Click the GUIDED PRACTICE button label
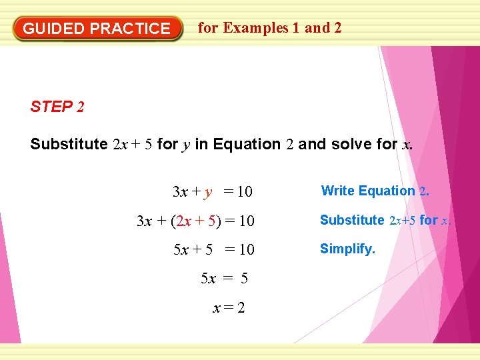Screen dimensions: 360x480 coord(97,29)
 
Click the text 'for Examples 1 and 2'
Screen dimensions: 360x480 coord(270,28)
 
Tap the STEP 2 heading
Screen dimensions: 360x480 coord(57,107)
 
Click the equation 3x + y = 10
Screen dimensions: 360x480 coord(212,192)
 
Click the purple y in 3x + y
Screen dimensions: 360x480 coord(209,193)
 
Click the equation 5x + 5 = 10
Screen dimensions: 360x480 coord(213,250)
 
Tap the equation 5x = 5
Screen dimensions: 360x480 coord(224,279)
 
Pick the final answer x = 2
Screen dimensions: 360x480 coord(229,308)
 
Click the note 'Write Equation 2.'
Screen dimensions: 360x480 coord(375,191)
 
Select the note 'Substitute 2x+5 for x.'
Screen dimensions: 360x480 coord(385,220)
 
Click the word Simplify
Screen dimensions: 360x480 coord(347,249)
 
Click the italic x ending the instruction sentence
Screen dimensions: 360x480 coord(406,145)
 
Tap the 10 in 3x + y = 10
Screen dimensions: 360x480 coord(245,192)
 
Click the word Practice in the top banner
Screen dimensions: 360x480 coord(130,29)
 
